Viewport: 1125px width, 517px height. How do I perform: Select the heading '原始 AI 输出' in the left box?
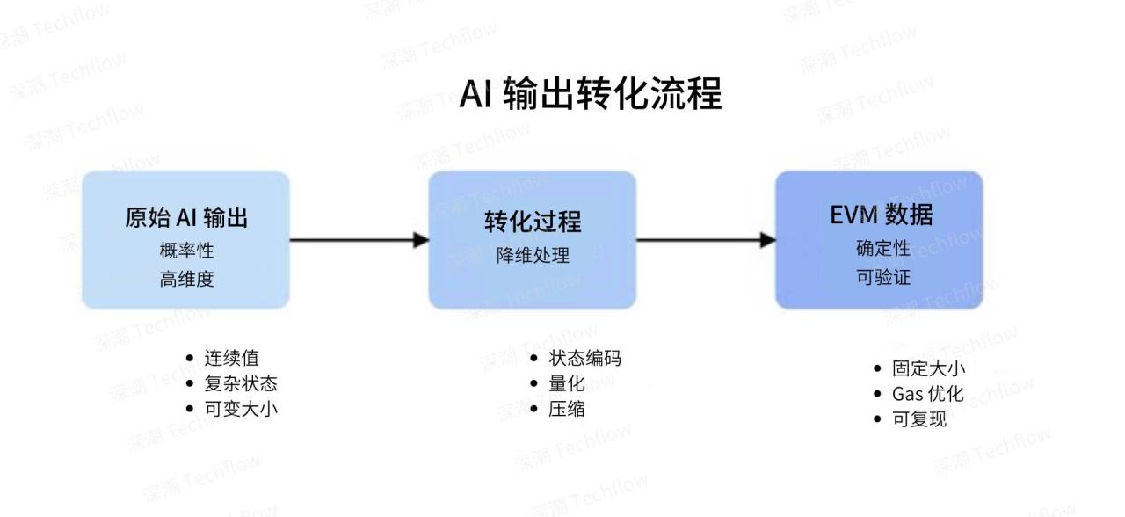tap(185, 218)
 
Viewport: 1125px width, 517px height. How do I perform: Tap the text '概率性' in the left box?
tap(185, 251)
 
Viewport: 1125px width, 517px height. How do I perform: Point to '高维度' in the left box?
tap(185, 280)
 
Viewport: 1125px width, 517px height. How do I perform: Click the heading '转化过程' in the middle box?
tap(533, 222)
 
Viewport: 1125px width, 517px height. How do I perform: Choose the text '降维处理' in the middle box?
tap(533, 256)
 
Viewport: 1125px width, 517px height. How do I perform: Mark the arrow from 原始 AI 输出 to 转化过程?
tap(359, 239)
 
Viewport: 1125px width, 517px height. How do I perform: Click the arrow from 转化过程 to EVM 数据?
tap(706, 239)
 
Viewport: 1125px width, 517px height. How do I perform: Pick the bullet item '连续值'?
tap(232, 359)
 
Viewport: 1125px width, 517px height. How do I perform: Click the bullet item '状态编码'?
tap(584, 359)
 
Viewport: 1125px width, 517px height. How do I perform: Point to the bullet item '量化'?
tap(567, 383)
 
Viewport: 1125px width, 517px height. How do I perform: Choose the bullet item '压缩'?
tap(567, 409)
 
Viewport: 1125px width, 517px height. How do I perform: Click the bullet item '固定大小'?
tap(928, 369)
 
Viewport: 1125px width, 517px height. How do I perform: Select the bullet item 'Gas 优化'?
tap(928, 394)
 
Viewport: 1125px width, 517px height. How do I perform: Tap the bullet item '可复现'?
tap(919, 419)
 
